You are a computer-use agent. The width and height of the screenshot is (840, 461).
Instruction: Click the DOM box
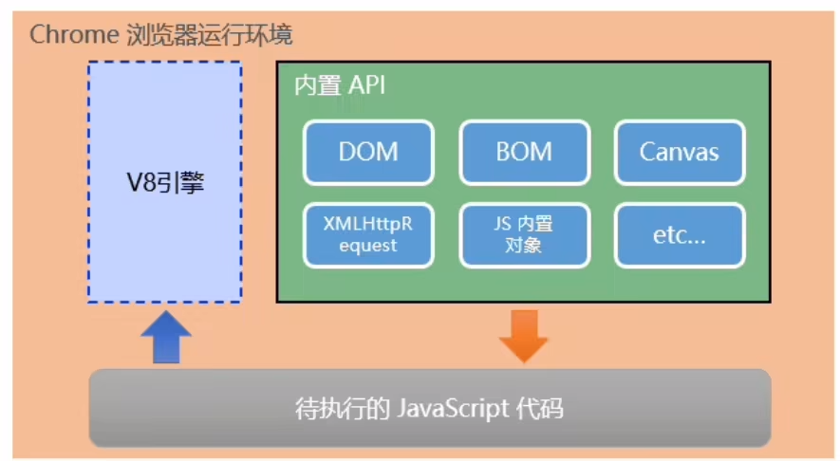368,152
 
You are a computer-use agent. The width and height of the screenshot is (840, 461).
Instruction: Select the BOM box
523,152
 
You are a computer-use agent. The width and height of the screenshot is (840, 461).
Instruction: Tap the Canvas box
679,152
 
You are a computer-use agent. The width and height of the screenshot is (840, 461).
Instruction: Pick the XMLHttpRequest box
368,235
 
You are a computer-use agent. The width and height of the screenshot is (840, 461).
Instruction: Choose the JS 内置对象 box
523,235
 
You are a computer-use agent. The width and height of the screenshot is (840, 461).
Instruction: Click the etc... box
679,235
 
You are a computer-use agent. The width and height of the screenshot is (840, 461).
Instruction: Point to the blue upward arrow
165,336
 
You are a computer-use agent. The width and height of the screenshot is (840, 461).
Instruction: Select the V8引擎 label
165,183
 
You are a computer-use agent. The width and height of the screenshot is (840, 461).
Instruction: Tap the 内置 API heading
339,86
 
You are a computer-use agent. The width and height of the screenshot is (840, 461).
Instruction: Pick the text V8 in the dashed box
141,183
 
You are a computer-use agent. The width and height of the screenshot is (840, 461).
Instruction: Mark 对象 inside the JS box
523,246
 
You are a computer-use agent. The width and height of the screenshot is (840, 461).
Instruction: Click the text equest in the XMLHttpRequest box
368,246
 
